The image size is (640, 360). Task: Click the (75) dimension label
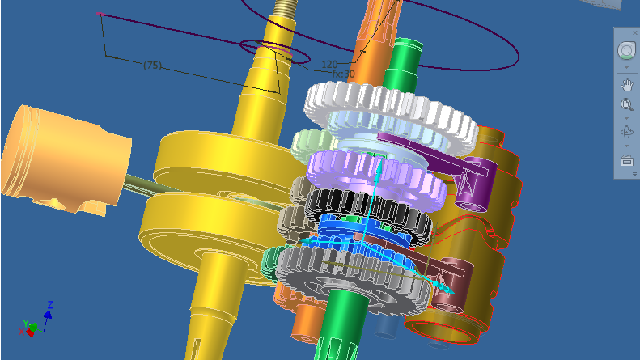point(153,66)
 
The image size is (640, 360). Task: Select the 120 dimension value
point(329,65)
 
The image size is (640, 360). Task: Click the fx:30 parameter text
point(343,74)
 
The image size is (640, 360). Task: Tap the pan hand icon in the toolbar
point(627,85)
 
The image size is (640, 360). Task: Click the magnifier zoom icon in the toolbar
point(627,105)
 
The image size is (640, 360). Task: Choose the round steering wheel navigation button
point(626,51)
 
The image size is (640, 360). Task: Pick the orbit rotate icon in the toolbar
point(627,132)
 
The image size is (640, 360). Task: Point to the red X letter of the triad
point(21,332)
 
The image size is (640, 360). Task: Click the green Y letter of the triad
point(25,324)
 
